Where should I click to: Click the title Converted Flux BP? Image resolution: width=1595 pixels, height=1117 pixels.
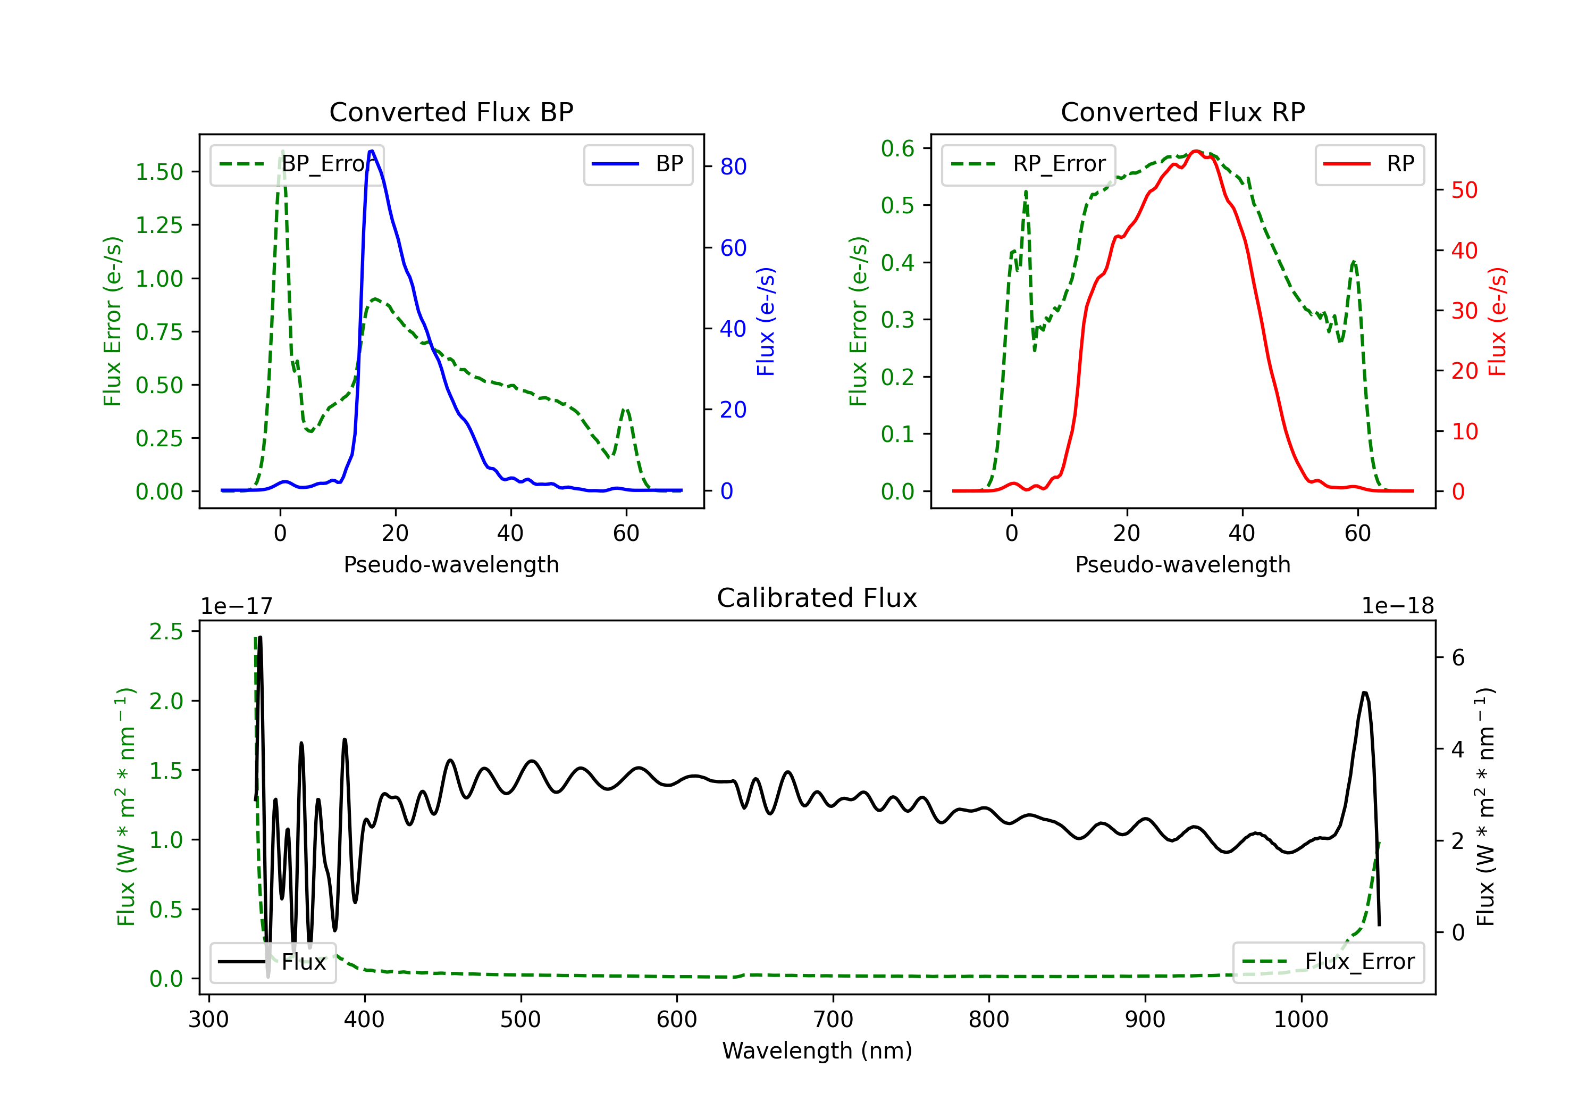[x=451, y=112]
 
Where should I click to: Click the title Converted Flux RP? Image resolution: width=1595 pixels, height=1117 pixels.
[x=1182, y=112]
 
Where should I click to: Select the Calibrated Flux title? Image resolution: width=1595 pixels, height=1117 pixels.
[x=817, y=598]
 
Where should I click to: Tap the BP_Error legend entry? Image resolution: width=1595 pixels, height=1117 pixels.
[x=297, y=164]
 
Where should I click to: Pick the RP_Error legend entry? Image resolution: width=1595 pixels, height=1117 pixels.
[x=1028, y=164]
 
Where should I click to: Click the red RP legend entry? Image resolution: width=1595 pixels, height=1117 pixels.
[x=1369, y=164]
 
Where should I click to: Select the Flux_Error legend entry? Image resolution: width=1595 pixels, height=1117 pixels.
[x=1328, y=962]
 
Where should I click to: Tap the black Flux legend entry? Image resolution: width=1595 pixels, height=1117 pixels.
[x=272, y=962]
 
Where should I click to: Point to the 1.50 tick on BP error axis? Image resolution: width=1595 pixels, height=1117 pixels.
[x=159, y=172]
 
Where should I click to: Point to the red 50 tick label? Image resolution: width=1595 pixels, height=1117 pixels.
[x=1464, y=190]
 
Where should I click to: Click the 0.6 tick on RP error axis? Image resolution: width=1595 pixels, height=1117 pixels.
[x=897, y=148]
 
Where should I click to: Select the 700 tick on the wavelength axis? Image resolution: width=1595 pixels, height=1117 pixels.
[x=833, y=1020]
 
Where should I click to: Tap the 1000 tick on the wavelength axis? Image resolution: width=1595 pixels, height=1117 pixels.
[x=1301, y=1020]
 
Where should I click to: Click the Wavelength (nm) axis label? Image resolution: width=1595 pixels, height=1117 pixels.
[x=817, y=1051]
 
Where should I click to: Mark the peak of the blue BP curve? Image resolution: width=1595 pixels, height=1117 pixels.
[x=372, y=151]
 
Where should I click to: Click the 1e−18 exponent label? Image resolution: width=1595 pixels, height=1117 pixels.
[x=1398, y=606]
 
